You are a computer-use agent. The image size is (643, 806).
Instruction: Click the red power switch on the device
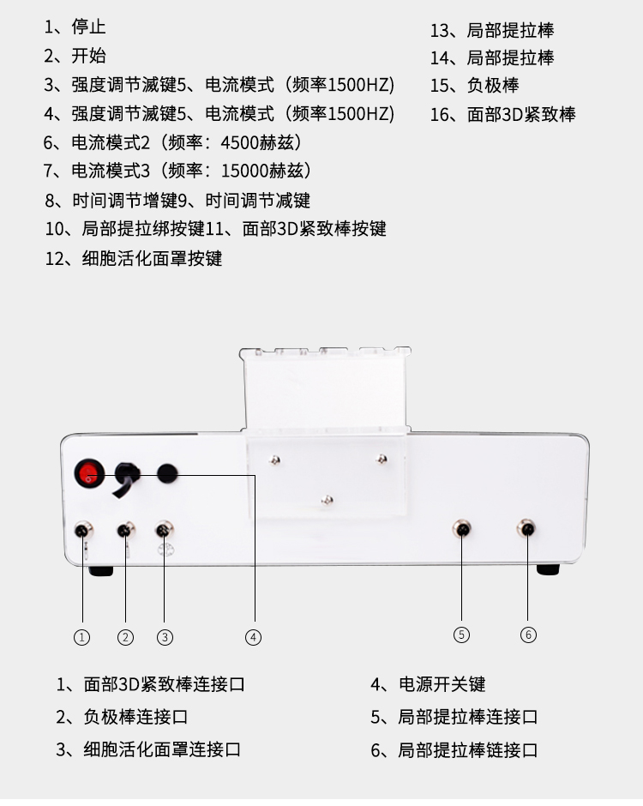tap(89, 474)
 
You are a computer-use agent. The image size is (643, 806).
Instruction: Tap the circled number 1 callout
tap(81, 637)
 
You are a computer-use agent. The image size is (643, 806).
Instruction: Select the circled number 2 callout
tap(125, 637)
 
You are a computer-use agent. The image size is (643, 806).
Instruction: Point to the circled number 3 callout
tap(165, 637)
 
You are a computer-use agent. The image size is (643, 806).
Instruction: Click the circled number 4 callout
tap(253, 637)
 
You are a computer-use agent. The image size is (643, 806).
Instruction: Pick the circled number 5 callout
tap(461, 635)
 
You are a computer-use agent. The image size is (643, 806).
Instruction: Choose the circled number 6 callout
tap(528, 635)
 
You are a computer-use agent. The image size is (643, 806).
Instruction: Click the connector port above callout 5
tap(462, 528)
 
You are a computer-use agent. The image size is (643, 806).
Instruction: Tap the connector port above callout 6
tap(527, 528)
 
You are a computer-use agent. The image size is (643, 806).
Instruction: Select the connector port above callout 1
tap(83, 530)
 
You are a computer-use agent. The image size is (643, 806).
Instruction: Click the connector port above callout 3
tap(164, 529)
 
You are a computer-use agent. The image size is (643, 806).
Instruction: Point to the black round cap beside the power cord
tap(166, 473)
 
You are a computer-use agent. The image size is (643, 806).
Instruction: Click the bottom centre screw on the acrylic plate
tap(327, 500)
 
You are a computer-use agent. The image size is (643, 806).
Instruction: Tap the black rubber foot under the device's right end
tap(548, 569)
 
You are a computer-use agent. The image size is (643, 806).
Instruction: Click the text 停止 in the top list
tap(89, 27)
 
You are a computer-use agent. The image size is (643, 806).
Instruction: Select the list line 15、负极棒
tap(474, 86)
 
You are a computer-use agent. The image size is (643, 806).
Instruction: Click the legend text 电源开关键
tap(442, 684)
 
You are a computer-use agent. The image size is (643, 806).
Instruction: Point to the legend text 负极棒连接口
tap(135, 717)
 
